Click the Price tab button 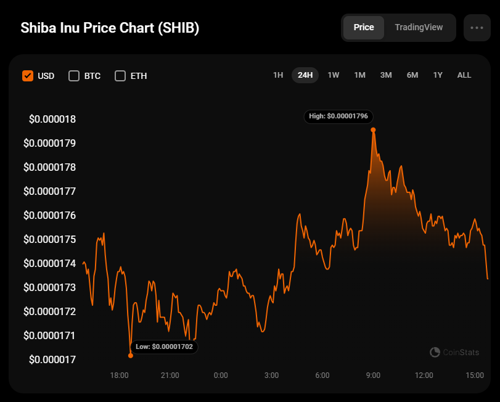(364, 28)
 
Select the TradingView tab (419, 28)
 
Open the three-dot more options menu (477, 28)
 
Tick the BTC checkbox (74, 76)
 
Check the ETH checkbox (120, 76)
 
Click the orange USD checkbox (28, 76)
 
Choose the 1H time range (278, 75)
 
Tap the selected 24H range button (305, 75)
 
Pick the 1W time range (334, 75)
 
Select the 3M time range (386, 75)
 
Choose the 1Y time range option (438, 75)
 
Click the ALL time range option (464, 75)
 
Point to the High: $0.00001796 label (338, 116)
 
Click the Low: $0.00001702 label (164, 347)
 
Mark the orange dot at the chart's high (373, 130)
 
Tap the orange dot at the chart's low (131, 355)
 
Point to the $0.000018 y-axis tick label (52, 119)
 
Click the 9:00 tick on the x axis (373, 375)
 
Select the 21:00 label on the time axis (170, 375)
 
